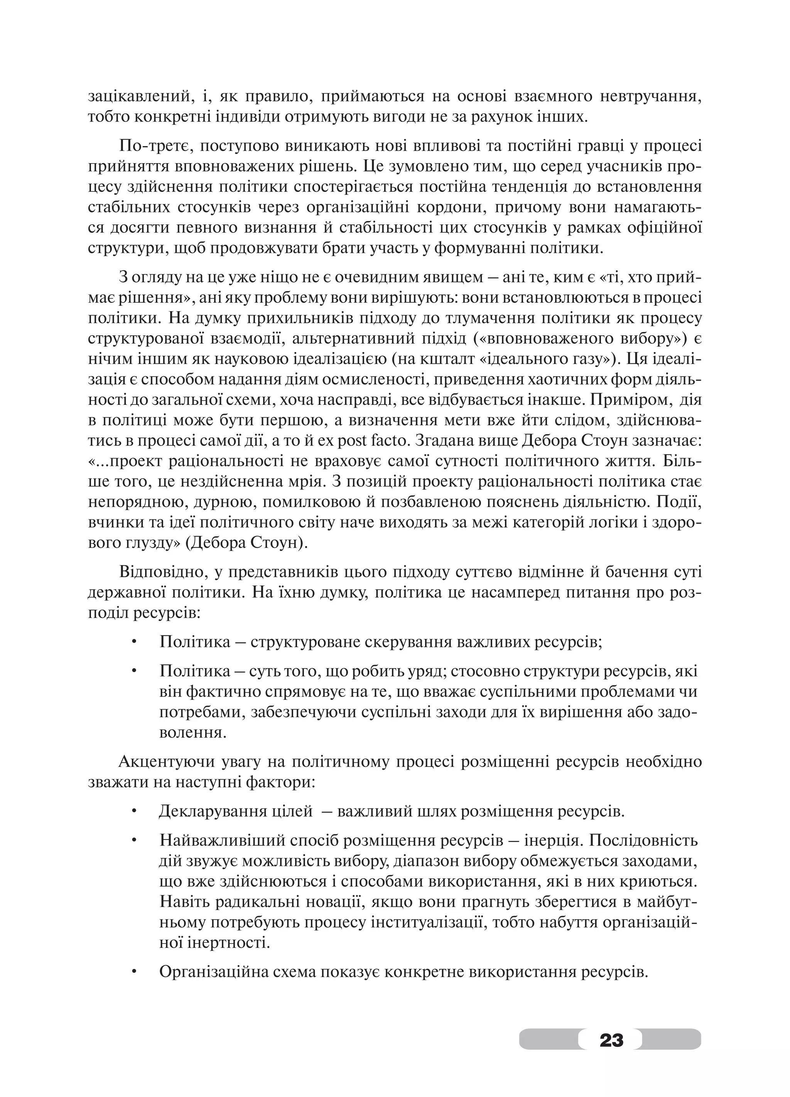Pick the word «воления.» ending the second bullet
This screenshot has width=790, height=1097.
192,732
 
